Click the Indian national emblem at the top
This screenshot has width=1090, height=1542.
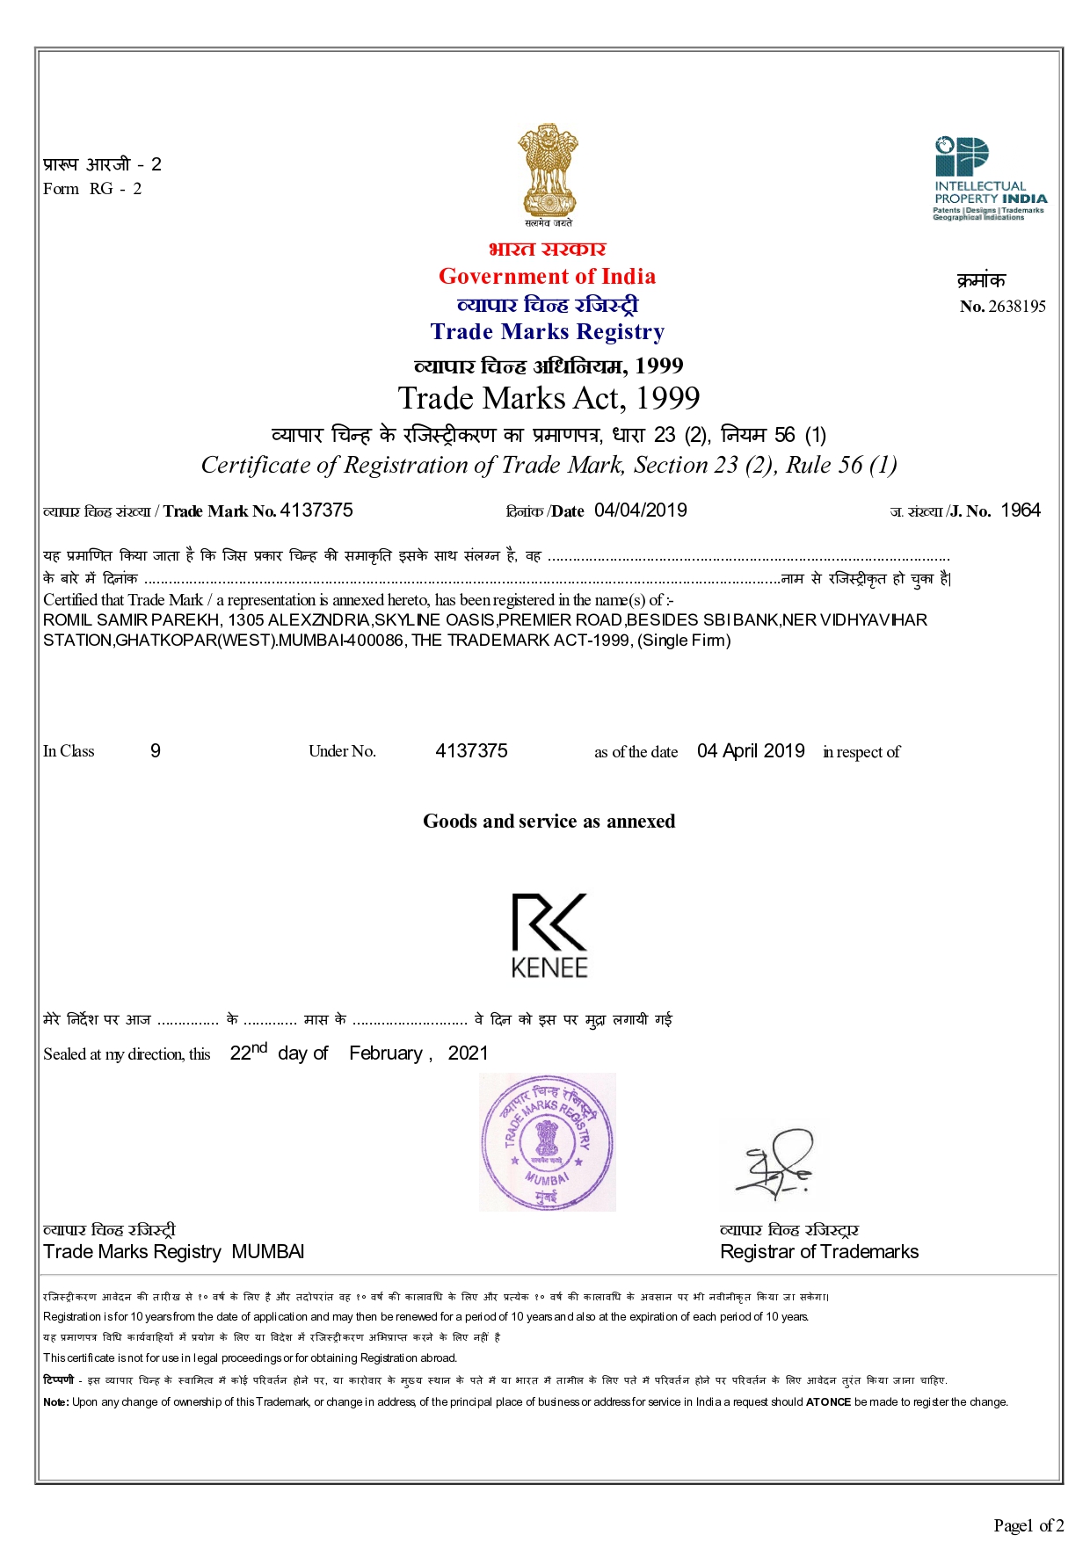[548, 171]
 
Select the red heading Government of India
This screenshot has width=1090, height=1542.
[547, 277]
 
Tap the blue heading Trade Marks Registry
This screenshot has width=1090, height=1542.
[547, 332]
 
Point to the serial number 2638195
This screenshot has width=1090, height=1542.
[1017, 307]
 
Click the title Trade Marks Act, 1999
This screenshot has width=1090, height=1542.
[549, 398]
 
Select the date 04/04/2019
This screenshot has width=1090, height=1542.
[640, 510]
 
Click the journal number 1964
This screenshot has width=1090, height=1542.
[1021, 510]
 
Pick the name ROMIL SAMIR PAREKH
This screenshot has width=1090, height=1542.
[132, 620]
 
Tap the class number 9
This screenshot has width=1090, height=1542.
[156, 751]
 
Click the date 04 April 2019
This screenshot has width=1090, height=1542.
[751, 751]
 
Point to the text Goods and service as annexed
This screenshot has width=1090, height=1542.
[549, 822]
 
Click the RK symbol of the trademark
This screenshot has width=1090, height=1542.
[549, 922]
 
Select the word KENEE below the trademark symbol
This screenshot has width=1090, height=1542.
[549, 967]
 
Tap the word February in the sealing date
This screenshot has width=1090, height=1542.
[386, 1053]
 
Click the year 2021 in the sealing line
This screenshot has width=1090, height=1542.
[468, 1053]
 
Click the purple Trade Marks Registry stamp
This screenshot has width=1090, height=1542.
[547, 1142]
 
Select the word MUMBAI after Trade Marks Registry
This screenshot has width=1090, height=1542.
[268, 1252]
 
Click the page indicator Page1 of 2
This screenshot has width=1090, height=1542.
[1028, 1525]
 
